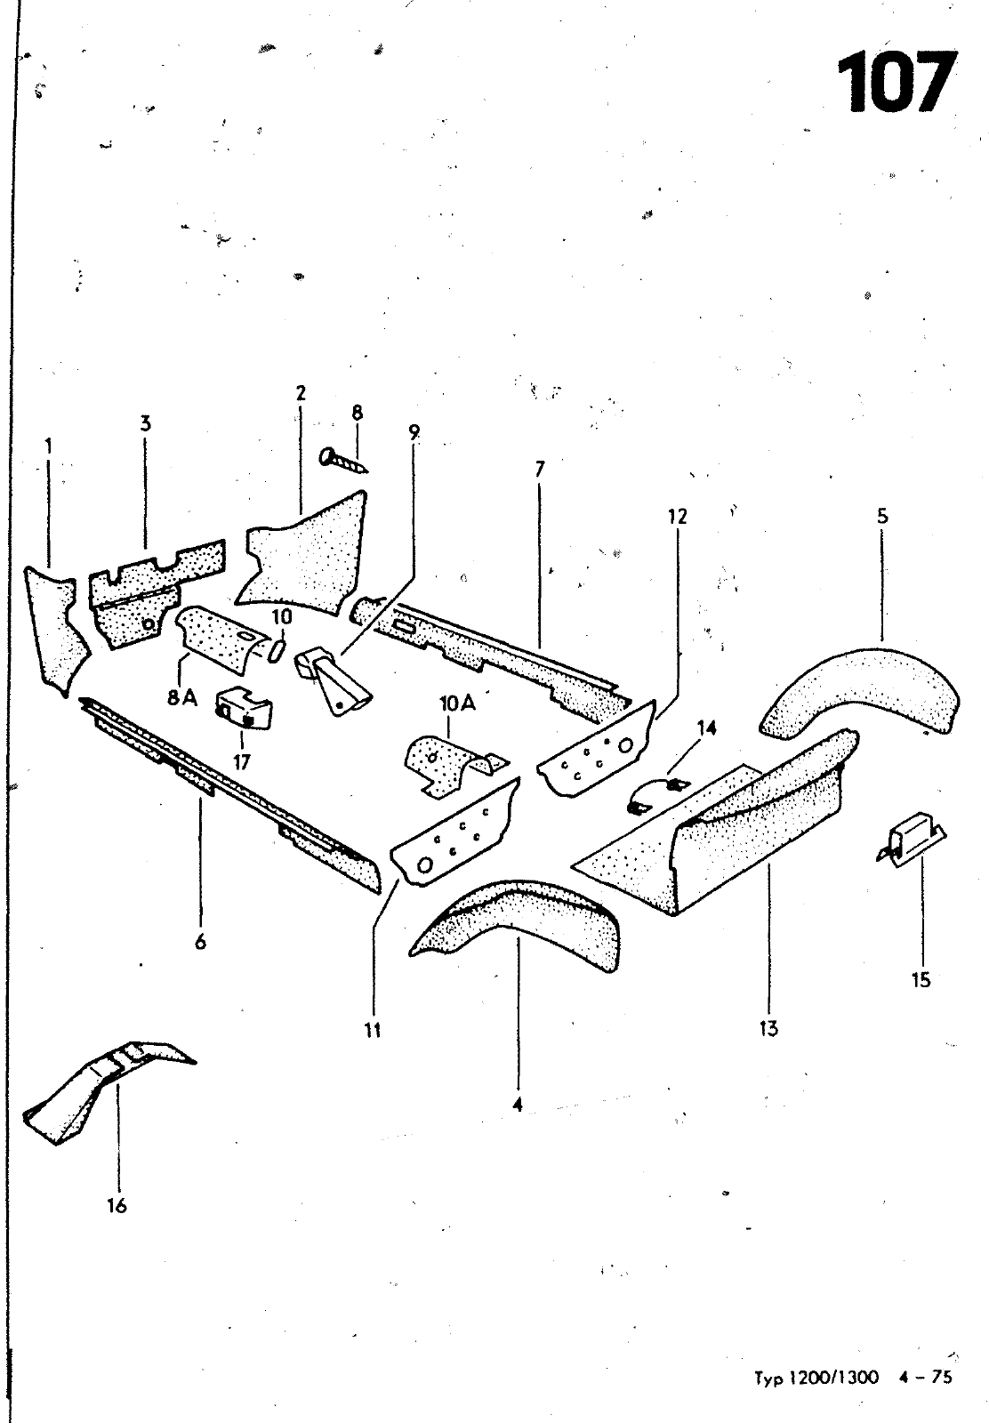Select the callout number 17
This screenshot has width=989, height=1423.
point(241,761)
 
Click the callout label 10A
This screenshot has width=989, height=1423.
point(457,703)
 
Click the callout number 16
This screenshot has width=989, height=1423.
point(117,1206)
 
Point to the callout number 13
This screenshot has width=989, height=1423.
point(768,1029)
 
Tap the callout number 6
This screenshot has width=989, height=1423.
point(201,942)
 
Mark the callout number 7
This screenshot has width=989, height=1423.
point(539,469)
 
